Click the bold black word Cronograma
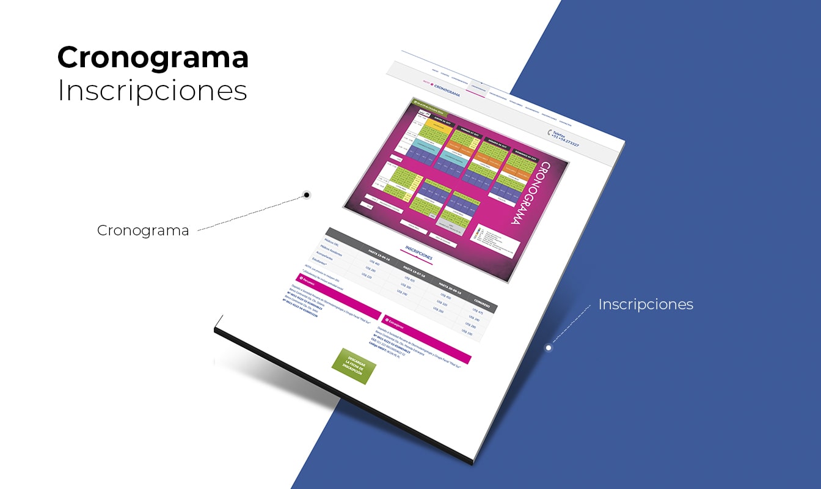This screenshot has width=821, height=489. pos(153,58)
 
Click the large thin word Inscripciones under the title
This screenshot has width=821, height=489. pos(153,90)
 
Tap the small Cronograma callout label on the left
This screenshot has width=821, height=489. pos(143,230)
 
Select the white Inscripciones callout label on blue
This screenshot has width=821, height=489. pos(646,304)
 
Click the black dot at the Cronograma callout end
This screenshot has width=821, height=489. pos(307,195)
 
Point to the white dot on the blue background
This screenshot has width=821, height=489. pos(549,348)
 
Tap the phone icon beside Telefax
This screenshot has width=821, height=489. pos(550,133)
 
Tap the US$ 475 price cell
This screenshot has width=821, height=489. pos(478,312)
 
